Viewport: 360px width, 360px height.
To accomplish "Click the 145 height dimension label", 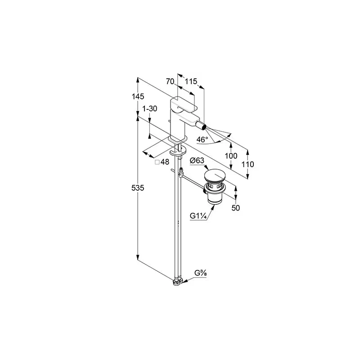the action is click(x=138, y=96).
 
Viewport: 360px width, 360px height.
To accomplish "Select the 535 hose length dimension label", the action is click(x=138, y=188).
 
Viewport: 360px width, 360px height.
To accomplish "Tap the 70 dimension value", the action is click(x=170, y=81).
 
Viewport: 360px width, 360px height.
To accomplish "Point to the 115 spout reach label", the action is click(x=191, y=81).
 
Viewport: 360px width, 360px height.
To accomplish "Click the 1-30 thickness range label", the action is click(x=150, y=108).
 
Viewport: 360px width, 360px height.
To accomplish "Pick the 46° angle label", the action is click(x=202, y=139).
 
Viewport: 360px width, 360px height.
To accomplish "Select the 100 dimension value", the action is click(x=231, y=156).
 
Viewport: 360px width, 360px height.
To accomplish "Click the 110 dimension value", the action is click(x=248, y=164).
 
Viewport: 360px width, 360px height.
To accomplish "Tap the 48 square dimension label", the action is click(x=165, y=162).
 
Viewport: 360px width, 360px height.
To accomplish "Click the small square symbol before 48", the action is click(x=157, y=162).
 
